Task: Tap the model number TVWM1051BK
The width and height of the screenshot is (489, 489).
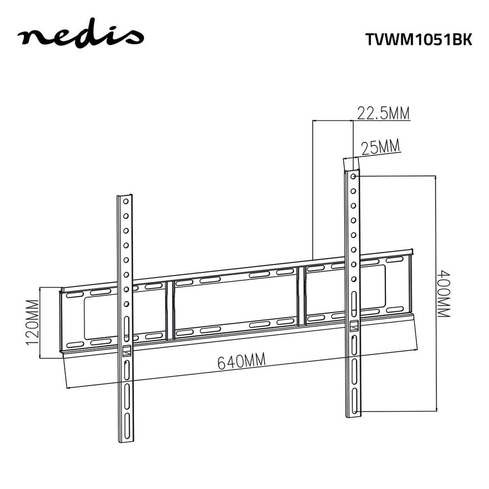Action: coord(419,40)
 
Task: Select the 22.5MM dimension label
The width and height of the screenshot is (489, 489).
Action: coord(383,113)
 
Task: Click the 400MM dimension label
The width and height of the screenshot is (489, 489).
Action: coord(443,294)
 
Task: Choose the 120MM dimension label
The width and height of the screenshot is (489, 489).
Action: coord(32,322)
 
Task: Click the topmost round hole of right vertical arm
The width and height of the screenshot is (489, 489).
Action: coord(353,177)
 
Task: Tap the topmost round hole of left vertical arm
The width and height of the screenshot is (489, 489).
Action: coord(126,201)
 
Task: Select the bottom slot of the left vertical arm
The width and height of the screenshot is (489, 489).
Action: coord(127,426)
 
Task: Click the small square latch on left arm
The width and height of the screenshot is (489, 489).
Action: coord(126,351)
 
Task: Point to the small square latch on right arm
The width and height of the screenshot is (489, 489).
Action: coord(354,326)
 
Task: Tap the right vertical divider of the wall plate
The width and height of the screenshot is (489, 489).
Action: coord(301,296)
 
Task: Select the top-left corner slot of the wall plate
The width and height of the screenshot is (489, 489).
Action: coord(75,295)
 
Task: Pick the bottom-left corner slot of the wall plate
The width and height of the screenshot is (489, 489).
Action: coord(75,345)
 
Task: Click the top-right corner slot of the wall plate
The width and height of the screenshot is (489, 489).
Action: coord(395,260)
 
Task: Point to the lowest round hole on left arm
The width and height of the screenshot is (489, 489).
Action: coord(126,304)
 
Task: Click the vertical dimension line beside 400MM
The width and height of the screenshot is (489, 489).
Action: coord(436,293)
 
